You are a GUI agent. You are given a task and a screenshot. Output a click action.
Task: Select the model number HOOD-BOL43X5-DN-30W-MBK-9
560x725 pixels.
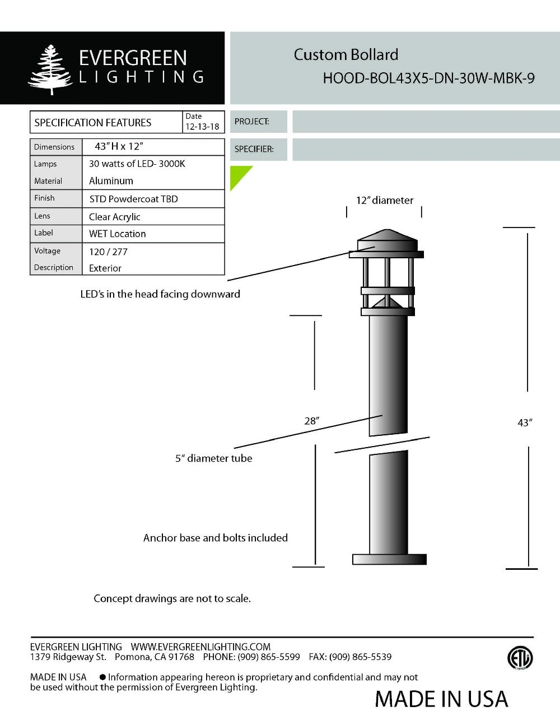point(428,78)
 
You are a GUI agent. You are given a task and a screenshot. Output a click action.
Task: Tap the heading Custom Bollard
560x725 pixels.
point(346,55)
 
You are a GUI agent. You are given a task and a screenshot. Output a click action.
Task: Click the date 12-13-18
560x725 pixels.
point(202,127)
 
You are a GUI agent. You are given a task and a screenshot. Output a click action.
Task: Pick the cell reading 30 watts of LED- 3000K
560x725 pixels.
point(137,164)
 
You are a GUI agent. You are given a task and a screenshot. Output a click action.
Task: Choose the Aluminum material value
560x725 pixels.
point(111,181)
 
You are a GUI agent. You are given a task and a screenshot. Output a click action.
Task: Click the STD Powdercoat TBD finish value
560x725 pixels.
point(133,199)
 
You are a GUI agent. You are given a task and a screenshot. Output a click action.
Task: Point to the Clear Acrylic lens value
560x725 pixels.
point(114,217)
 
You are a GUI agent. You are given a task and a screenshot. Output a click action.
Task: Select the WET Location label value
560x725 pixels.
point(117,234)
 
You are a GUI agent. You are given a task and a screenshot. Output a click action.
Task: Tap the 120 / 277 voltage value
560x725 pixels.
point(108,252)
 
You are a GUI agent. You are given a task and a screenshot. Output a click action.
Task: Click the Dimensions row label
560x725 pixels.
point(54,147)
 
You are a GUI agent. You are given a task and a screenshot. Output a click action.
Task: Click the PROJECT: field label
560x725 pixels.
point(251,122)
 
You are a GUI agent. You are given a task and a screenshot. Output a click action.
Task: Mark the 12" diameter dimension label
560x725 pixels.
point(385,200)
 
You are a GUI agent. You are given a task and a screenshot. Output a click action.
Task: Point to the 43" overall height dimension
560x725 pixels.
point(524,423)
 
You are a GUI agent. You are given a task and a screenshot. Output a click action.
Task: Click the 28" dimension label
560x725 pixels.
point(311,421)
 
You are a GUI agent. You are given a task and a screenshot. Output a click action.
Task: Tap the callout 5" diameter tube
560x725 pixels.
point(213,458)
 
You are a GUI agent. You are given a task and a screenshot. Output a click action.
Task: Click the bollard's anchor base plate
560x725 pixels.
point(389,559)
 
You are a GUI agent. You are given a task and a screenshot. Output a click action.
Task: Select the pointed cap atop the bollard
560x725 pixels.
point(387,238)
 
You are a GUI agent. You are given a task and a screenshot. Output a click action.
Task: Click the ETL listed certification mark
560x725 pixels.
point(520,658)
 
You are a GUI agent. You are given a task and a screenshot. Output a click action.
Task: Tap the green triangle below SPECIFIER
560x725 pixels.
point(238,175)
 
